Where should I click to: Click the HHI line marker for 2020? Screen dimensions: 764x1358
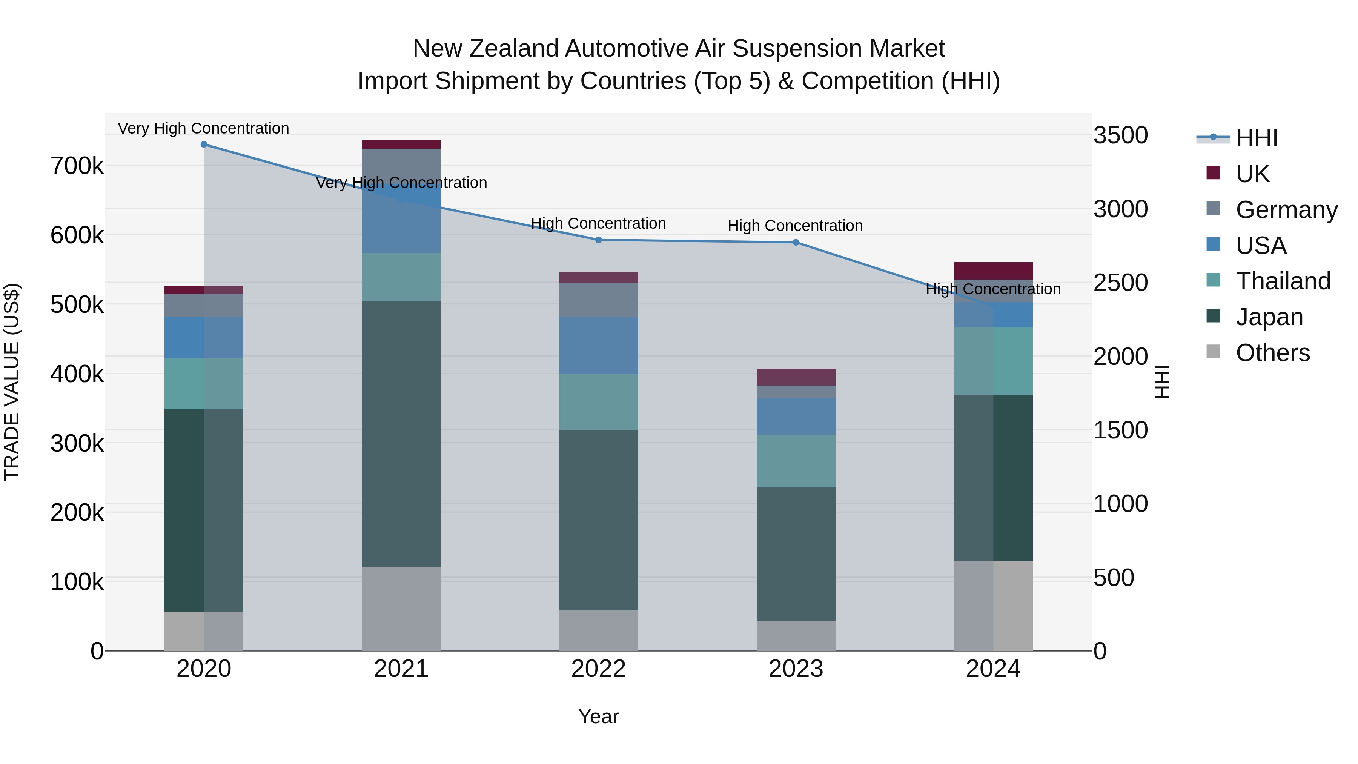(x=204, y=144)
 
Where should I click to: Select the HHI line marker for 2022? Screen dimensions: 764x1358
(x=598, y=240)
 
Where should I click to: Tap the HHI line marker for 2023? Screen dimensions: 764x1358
(x=796, y=243)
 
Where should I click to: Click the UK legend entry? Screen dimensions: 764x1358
(x=1252, y=174)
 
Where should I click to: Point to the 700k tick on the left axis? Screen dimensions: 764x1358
(x=77, y=166)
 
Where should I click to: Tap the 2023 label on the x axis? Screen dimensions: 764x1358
(x=796, y=669)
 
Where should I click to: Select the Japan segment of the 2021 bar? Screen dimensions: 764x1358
(x=401, y=433)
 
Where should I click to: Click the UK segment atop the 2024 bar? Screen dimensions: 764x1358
(x=993, y=271)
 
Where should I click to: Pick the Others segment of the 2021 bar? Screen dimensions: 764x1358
(x=401, y=609)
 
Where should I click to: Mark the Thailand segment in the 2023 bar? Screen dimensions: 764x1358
(x=796, y=461)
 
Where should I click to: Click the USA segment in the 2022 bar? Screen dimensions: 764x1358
(x=598, y=345)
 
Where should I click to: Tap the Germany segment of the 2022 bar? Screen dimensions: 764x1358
(x=598, y=300)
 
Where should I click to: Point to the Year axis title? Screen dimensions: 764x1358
(x=598, y=716)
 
